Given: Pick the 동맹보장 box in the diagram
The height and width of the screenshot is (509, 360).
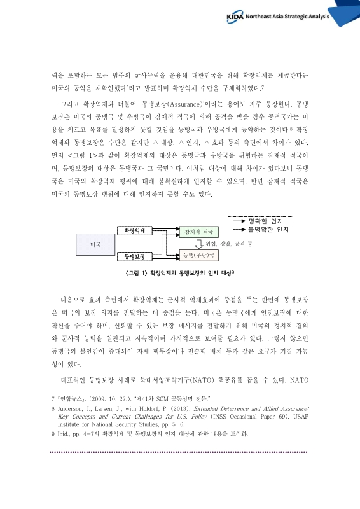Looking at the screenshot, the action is tap(134, 256).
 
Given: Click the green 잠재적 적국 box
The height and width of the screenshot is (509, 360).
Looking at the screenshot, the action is tap(197, 232).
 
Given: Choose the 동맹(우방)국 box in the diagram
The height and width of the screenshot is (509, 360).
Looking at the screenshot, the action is tap(197, 255).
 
